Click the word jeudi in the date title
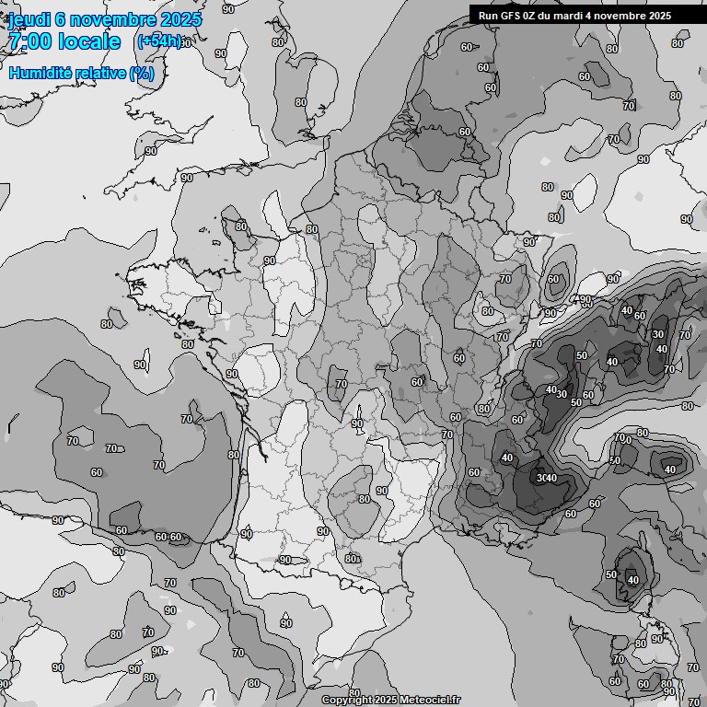(27, 19)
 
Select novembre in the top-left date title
(112, 19)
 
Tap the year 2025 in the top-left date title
(180, 19)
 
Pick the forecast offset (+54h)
(159, 41)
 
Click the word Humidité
(41, 73)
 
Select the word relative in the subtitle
(99, 73)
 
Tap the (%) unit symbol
(142, 73)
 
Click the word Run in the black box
(489, 15)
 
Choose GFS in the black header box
(513, 15)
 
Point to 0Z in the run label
(534, 15)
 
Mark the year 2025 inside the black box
(658, 15)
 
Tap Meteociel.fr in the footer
(430, 701)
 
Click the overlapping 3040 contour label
(547, 478)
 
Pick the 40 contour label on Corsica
(632, 580)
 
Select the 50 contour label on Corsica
(611, 574)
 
